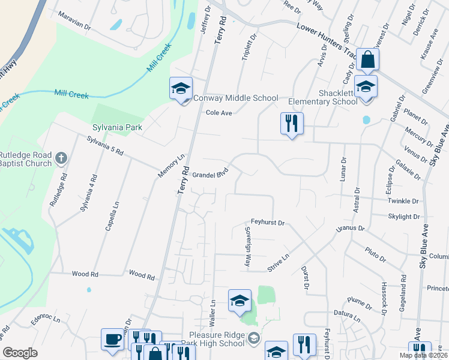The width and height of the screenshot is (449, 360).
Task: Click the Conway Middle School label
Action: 235,98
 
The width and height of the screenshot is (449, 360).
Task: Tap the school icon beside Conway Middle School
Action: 181,89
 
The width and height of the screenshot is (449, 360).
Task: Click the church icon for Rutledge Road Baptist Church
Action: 60,158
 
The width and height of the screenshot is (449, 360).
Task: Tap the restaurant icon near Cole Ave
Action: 292,124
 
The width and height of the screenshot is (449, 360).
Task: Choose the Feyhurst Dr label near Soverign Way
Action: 267,223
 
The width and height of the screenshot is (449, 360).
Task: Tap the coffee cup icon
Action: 112,340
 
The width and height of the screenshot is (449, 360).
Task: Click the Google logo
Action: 20,353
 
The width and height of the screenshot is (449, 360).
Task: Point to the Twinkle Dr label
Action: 403,201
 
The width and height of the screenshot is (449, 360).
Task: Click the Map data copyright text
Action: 423,355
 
